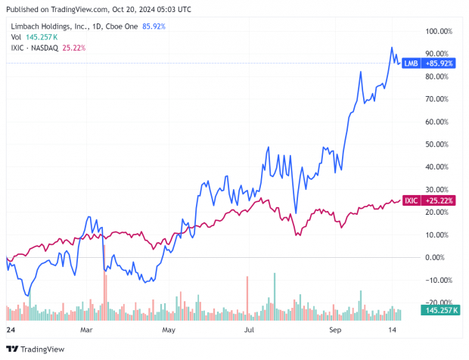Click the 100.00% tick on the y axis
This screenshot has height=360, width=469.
coord(439,32)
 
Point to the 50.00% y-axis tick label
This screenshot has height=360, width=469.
coord(439,144)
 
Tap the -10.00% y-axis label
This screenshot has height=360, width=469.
coord(438,280)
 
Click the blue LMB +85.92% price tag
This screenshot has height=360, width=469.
coord(439,64)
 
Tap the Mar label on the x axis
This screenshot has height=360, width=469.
coord(86,330)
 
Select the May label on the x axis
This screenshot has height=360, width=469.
coord(169,330)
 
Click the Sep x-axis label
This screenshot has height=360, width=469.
coord(332,330)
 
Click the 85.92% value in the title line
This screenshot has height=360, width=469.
coord(153,26)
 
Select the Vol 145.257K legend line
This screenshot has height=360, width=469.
coord(35,37)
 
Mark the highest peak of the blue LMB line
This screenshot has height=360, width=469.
coord(392,48)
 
